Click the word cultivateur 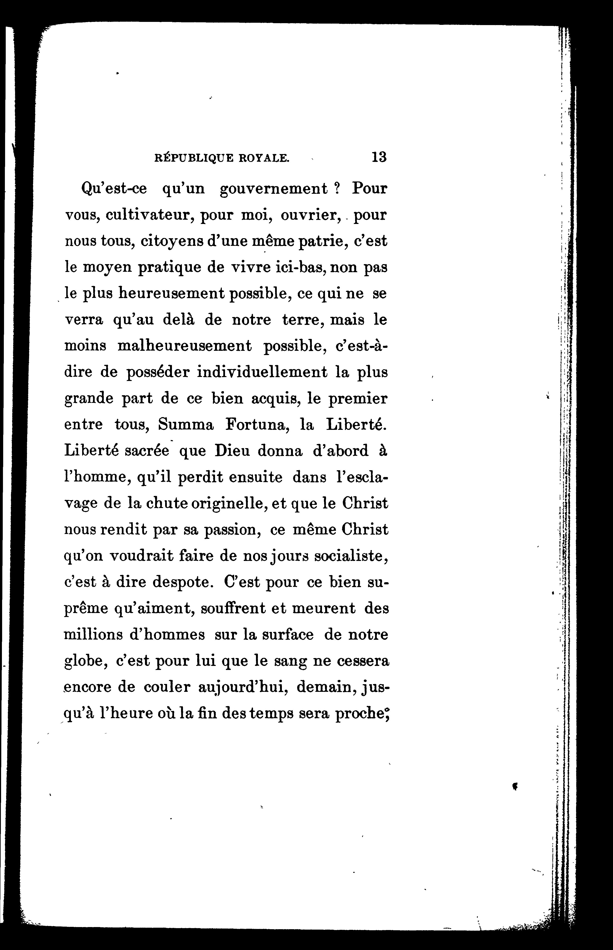point(149,215)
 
